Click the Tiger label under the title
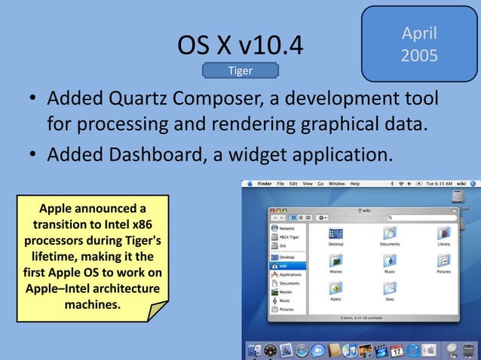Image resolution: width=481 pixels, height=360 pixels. tap(240, 71)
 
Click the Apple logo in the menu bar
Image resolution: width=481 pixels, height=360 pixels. tap(248, 184)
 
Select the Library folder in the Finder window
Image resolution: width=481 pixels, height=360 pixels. tap(443, 234)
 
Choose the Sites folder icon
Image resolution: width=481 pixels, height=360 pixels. tap(390, 289)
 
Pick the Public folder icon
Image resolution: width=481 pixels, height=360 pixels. tap(335, 289)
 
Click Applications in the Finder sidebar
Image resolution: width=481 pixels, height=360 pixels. tap(290, 275)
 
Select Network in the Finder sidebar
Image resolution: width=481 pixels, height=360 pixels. tap(286, 227)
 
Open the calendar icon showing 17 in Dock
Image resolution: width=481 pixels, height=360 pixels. tap(395, 350)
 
